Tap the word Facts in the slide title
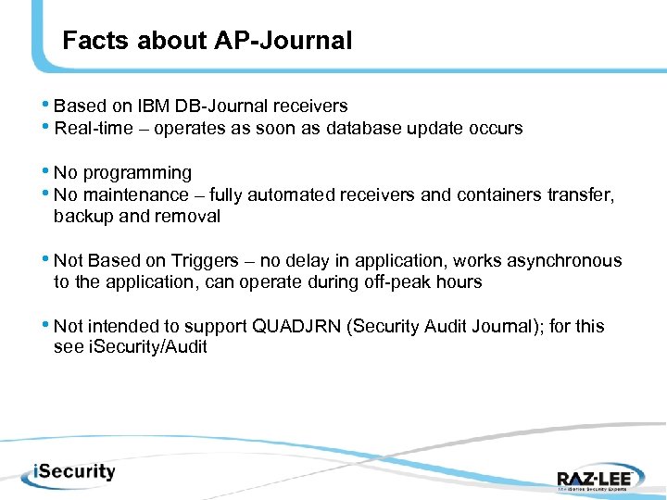point(97,41)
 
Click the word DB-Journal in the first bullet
point(222,106)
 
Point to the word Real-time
point(94,129)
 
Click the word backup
point(82,217)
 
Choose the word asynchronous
point(569,261)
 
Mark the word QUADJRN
point(296,327)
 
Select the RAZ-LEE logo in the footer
point(593,478)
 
